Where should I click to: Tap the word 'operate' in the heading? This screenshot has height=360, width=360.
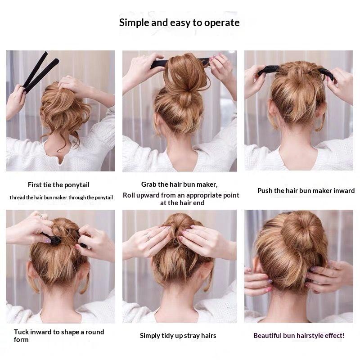click(222, 23)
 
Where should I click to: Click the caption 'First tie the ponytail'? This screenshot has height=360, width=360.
click(58, 185)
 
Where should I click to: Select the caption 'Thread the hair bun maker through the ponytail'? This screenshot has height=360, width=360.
click(61, 198)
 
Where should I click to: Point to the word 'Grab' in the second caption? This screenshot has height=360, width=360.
click(149, 184)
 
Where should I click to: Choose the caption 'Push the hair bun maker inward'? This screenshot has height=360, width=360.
click(306, 191)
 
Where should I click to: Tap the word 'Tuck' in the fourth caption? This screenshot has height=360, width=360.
click(21, 332)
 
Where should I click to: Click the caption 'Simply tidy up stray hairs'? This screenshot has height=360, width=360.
click(178, 336)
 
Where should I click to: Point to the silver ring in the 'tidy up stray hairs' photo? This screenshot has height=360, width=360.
click(148, 237)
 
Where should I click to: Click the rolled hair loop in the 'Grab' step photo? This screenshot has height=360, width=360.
click(186, 73)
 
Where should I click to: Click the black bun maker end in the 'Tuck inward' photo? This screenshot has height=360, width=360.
click(54, 239)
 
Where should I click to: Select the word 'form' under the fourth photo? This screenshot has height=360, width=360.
click(21, 340)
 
